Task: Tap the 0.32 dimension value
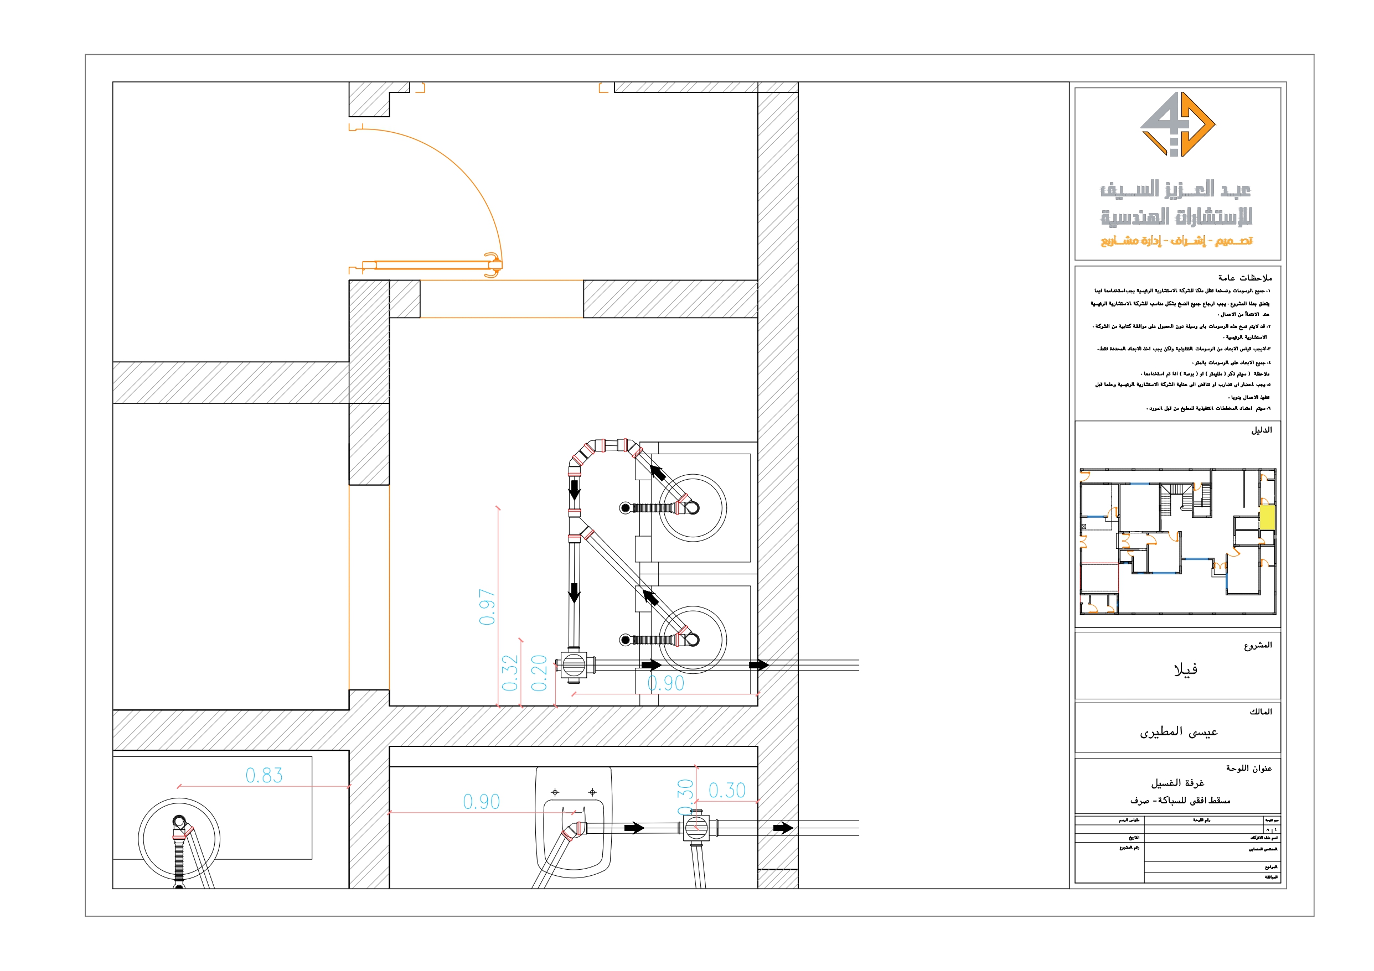(x=510, y=673)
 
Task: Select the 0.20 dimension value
(x=539, y=673)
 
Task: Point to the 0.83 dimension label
(x=264, y=775)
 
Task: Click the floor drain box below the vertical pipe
(x=574, y=664)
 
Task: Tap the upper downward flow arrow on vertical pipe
(x=575, y=491)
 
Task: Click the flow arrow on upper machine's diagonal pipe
(x=658, y=473)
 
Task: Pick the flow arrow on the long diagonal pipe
(x=650, y=597)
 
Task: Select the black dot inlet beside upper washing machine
(x=626, y=508)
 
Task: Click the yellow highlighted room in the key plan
(x=1267, y=517)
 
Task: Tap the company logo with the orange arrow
(x=1177, y=124)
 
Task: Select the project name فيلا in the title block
(x=1185, y=669)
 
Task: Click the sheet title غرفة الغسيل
(x=1177, y=782)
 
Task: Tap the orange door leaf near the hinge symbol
(x=431, y=265)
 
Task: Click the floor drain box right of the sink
(x=696, y=828)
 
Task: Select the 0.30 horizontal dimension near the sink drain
(x=726, y=790)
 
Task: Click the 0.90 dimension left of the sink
(x=481, y=802)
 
